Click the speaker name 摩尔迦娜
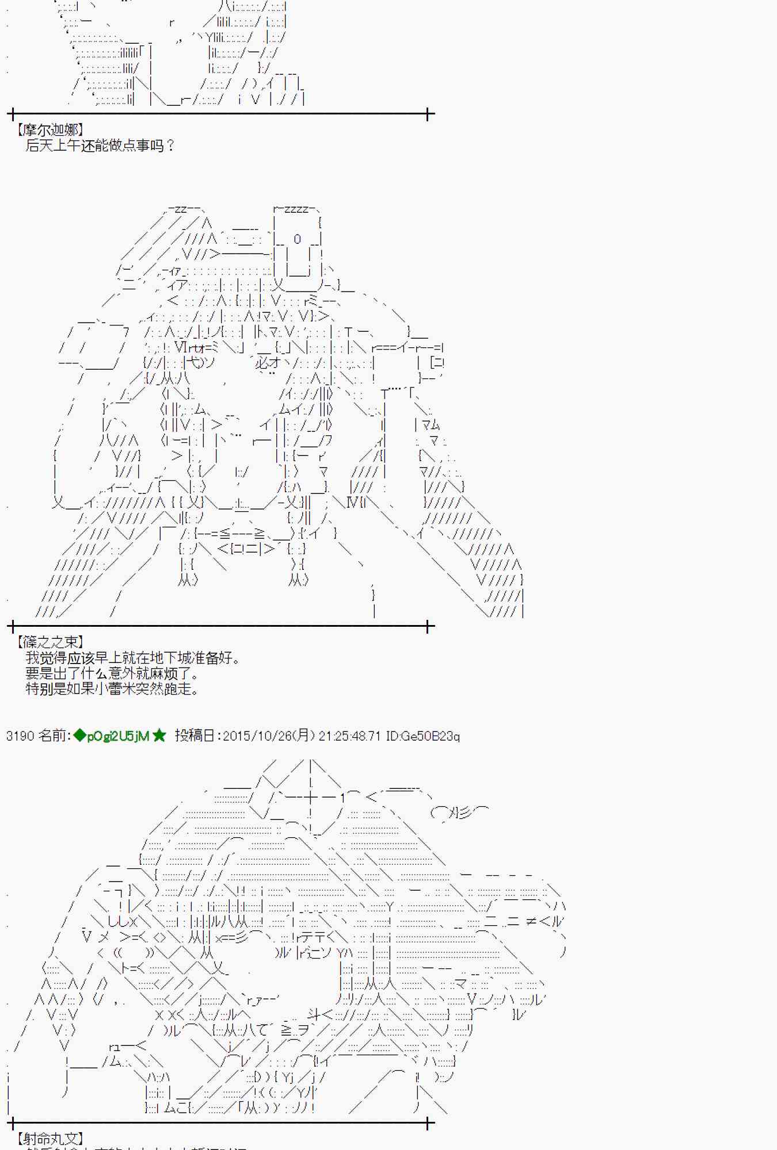point(50,130)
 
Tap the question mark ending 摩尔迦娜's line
point(170,145)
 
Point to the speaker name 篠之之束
point(50,642)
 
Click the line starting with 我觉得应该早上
point(132,658)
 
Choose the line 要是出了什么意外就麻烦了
point(112,673)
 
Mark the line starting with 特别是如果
point(112,689)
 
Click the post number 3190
point(20,736)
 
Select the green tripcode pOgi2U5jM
point(118,736)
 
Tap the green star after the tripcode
point(159,736)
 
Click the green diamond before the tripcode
point(79,736)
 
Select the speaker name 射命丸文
point(50,1138)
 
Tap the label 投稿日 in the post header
point(196,736)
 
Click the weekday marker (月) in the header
point(304,736)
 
